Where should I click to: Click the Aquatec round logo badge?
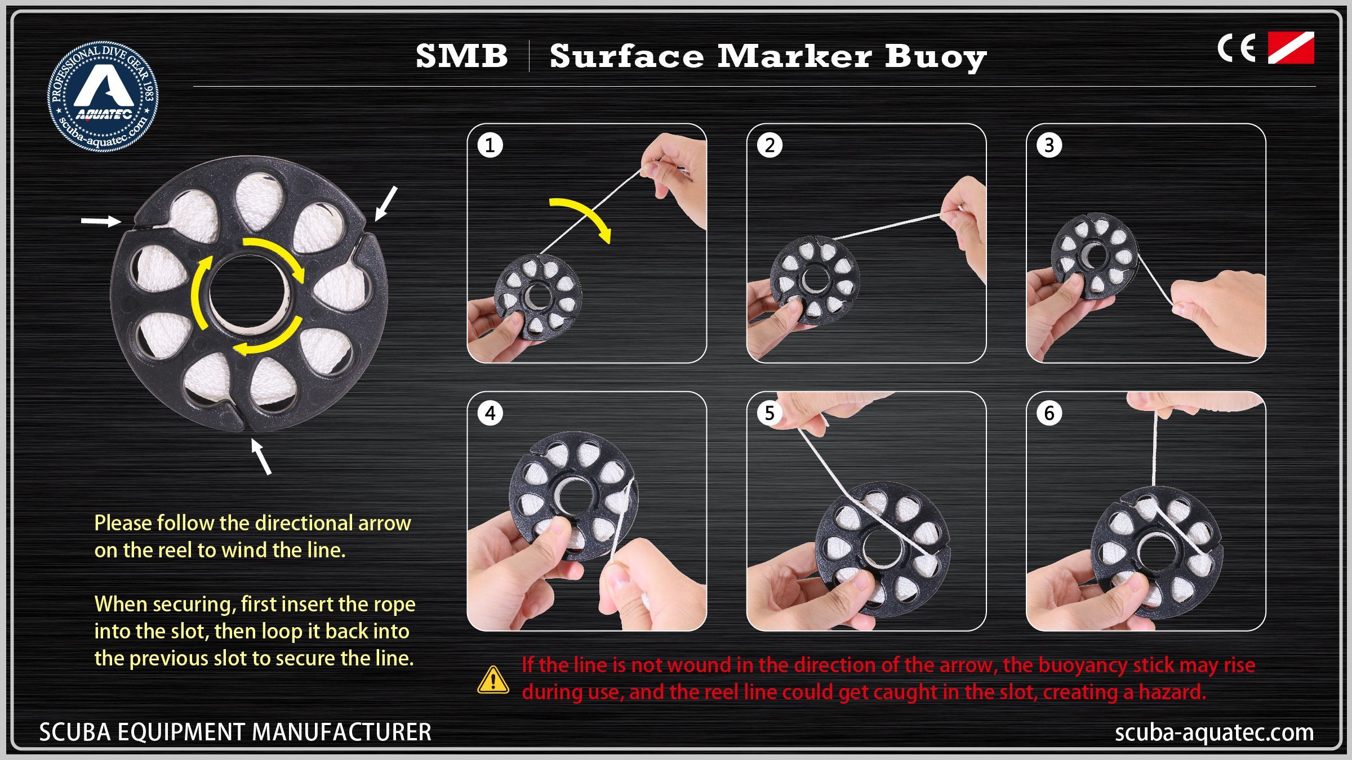tap(103, 96)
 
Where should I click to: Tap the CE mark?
tap(1237, 48)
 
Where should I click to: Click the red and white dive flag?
tap(1291, 48)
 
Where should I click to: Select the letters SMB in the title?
tap(462, 56)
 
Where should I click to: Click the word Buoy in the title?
tap(936, 58)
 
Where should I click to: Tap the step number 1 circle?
tap(490, 145)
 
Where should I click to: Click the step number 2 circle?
tap(770, 145)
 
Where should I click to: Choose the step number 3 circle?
tap(1049, 145)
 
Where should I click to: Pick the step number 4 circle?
tap(490, 413)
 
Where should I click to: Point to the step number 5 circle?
tap(770, 413)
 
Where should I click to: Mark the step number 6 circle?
tap(1049, 413)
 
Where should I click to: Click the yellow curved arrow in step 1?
tap(589, 213)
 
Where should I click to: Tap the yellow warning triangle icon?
tap(493, 679)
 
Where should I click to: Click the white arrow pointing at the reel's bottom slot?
tap(261, 457)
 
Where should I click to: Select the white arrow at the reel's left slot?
tap(101, 221)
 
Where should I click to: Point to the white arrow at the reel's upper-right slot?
tap(386, 203)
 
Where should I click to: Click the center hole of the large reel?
tap(249, 293)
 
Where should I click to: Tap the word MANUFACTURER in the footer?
tap(341, 732)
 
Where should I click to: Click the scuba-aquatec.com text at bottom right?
tap(1215, 732)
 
